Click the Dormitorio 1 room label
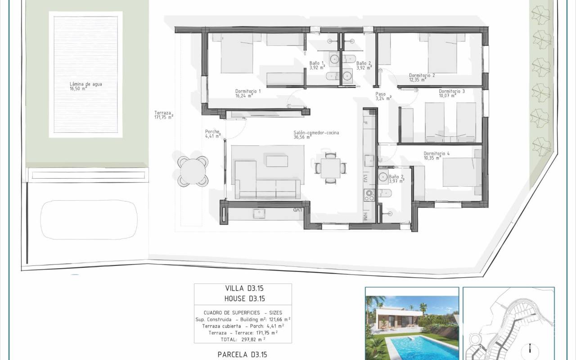248,93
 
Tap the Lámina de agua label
85,86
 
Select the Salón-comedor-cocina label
316,135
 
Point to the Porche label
213,134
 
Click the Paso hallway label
383,96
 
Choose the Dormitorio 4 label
436,156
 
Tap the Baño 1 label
317,65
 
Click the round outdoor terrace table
193,171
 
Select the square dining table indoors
330,168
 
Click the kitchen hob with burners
369,195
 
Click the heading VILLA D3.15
244,288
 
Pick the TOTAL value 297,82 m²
253,339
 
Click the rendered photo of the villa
412,324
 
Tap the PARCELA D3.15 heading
242,355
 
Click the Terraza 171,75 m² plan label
164,115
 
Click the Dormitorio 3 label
451,93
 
